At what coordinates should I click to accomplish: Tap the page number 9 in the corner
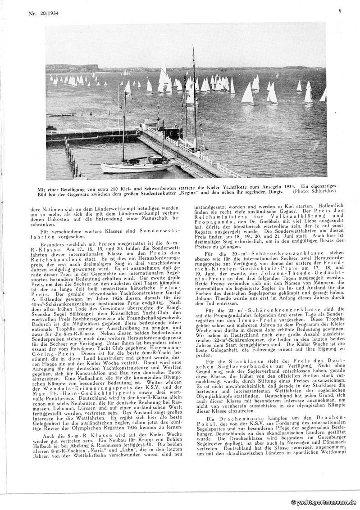coord(340,12)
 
